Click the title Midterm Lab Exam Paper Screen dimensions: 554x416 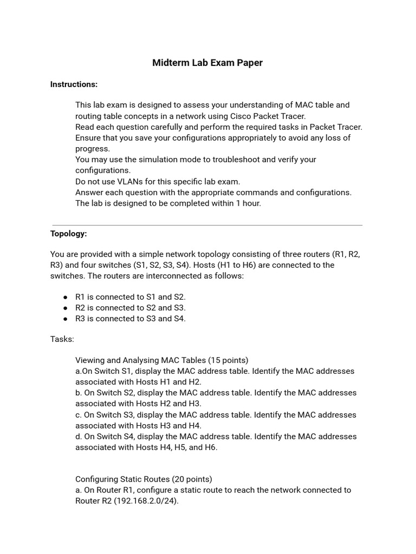207,63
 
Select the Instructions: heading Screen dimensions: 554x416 74,84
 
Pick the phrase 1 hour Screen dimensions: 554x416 248,203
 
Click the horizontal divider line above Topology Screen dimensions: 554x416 207,225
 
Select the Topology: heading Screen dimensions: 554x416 68,234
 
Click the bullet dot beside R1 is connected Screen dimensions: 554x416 66,297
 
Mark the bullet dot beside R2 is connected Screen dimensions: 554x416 66,308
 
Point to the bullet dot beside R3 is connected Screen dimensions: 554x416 66,319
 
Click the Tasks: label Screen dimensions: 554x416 62,339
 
